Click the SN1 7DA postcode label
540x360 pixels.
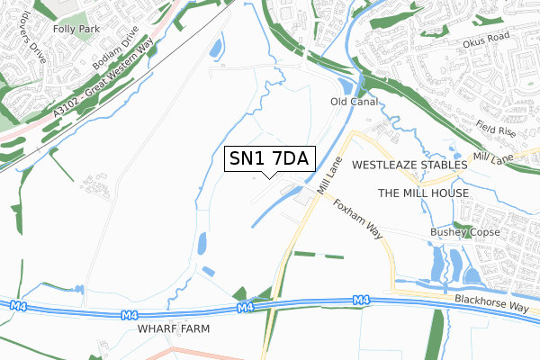coord(268,159)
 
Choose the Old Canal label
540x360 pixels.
coord(352,102)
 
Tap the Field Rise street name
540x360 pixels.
coord(496,130)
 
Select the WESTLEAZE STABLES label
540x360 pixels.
coord(409,166)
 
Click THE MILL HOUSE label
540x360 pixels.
coord(423,193)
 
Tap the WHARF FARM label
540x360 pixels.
coord(174,329)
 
